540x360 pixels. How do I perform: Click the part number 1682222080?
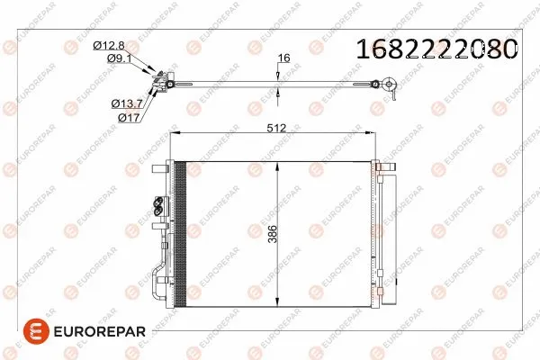click(436, 49)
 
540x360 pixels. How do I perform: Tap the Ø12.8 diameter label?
click(109, 45)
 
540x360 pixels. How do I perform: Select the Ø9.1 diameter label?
click(119, 58)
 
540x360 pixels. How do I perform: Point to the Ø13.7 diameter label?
click(127, 103)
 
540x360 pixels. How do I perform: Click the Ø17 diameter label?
click(129, 118)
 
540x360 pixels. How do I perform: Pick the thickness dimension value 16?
click(283, 58)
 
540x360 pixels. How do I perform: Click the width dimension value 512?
click(276, 128)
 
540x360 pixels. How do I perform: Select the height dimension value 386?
click(273, 234)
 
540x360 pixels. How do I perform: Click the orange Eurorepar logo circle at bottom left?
click(36, 331)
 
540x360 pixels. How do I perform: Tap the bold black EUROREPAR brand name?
click(100, 332)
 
